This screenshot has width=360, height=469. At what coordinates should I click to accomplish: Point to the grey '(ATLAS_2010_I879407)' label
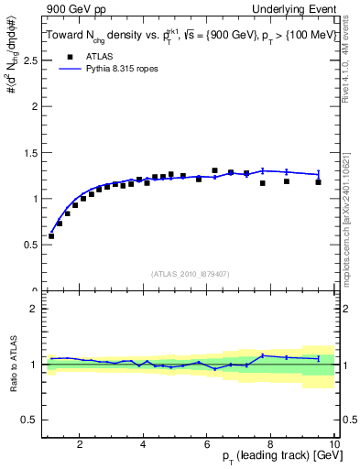190,273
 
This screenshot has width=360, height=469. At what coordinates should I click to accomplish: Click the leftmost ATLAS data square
51,235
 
